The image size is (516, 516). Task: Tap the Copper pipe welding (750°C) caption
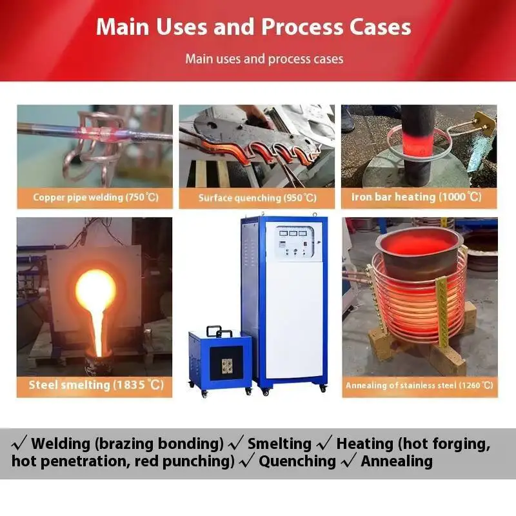click(95, 197)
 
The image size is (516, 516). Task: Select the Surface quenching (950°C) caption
click(257, 197)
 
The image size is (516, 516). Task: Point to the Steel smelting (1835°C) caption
click(95, 385)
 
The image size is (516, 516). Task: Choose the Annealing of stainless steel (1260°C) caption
click(419, 385)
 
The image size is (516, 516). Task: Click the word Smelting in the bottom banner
click(279, 444)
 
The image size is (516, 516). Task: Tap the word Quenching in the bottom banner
click(297, 461)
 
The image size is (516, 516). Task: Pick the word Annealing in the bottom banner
click(397, 461)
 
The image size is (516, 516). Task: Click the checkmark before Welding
click(19, 444)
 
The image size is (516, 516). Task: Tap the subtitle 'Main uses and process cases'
click(264, 59)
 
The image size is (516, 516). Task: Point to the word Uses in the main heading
click(184, 26)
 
